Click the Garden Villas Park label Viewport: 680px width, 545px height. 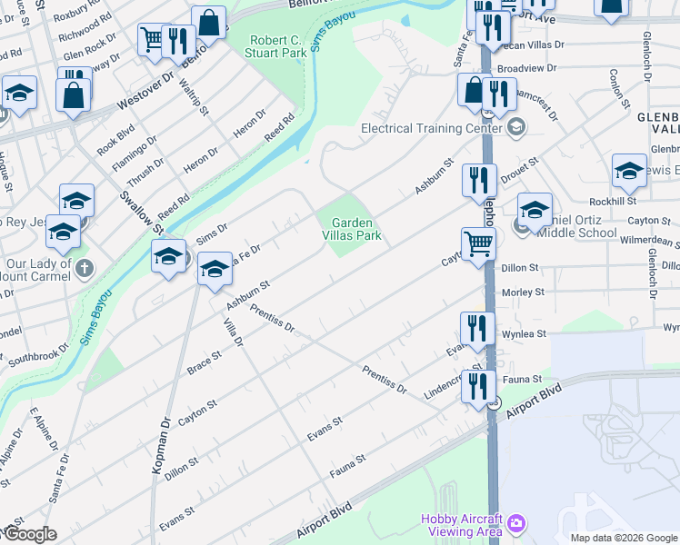(355, 229)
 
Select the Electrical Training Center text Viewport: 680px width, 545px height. (432, 128)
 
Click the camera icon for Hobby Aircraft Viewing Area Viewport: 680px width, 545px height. (516, 522)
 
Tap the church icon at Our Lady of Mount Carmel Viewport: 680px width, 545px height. (84, 268)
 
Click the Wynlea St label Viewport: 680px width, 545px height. (524, 334)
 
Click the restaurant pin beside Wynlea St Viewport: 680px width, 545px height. (477, 328)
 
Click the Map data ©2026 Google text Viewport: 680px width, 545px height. (624, 538)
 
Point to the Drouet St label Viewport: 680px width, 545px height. (521, 168)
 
